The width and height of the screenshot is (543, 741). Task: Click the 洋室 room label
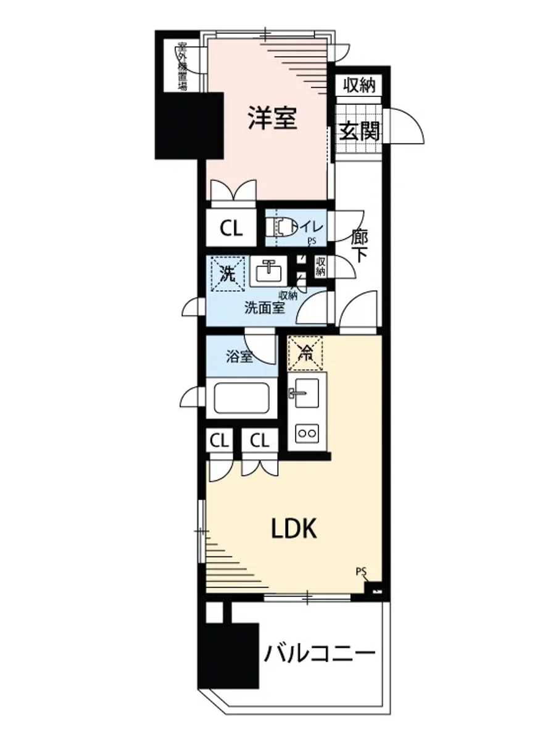pos(272,118)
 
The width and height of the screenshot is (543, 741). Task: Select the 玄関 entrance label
pos(359,131)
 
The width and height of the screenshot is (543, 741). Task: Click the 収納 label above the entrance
pos(359,85)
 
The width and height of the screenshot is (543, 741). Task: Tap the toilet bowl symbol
pos(284,228)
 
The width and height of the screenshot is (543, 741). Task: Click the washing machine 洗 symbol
pos(227,274)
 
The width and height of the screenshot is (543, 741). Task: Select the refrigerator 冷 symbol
pos(305,353)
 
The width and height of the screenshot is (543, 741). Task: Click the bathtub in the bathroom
pos(241,398)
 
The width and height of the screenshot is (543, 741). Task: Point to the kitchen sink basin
pos(307,393)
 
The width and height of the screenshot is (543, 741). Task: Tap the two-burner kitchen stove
pos(307,433)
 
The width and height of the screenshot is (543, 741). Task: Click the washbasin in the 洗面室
pos(268,271)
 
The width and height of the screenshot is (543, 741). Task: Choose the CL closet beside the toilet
pos(231,228)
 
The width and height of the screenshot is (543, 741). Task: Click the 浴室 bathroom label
pos(239,357)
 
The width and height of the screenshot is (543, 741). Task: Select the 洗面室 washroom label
pos(264,308)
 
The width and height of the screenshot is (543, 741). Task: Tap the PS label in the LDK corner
pos(362,571)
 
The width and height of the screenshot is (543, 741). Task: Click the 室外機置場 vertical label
pos(182,67)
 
